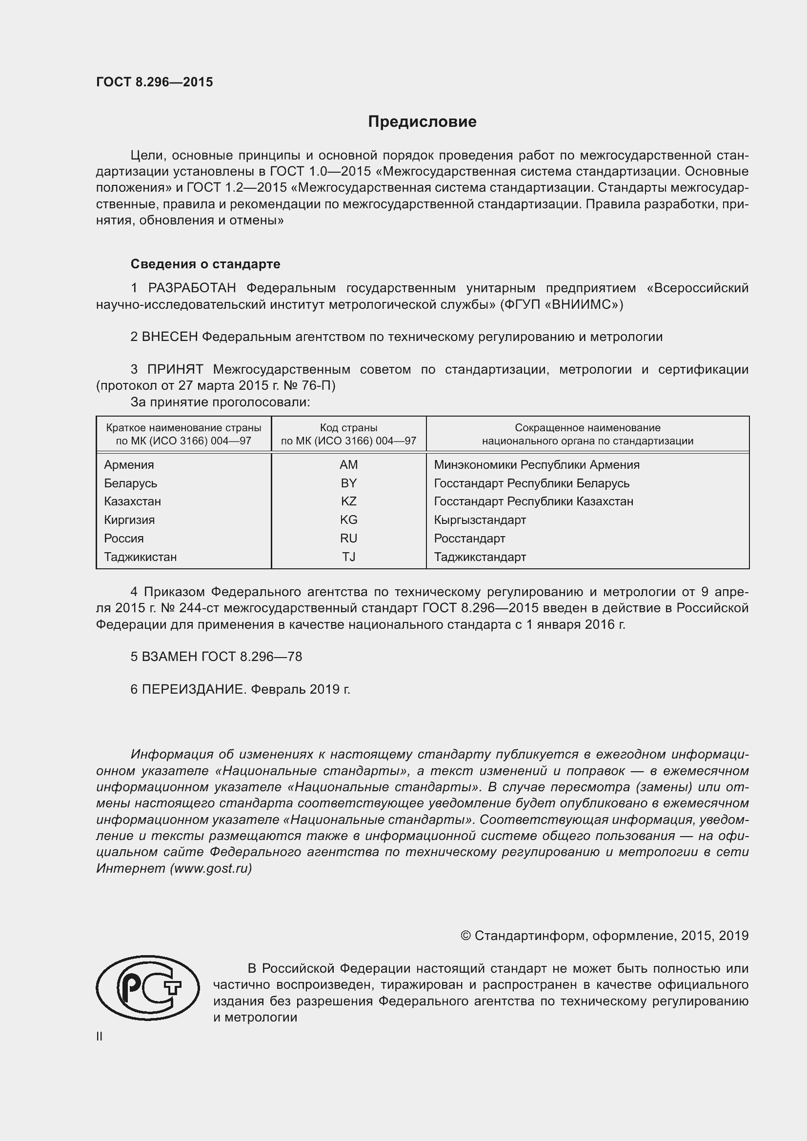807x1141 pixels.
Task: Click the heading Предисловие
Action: [422, 122]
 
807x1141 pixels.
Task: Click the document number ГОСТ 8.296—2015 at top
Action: [154, 82]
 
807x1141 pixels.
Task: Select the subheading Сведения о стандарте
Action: [205, 264]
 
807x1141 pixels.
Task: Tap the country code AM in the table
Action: [348, 465]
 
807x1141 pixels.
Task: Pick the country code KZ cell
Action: [348, 501]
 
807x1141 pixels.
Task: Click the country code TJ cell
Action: [348, 557]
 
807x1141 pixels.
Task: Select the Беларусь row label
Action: [130, 483]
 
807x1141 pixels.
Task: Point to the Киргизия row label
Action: [129, 520]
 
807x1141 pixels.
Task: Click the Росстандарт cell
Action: [469, 538]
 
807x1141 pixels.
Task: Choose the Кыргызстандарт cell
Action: [480, 520]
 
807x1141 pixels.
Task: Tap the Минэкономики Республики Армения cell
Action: [536, 465]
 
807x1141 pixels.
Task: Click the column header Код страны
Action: [348, 428]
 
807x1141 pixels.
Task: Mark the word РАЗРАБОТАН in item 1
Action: [192, 288]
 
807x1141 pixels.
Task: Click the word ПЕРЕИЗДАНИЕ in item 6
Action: [194, 689]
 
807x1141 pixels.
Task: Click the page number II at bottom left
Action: [100, 1036]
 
